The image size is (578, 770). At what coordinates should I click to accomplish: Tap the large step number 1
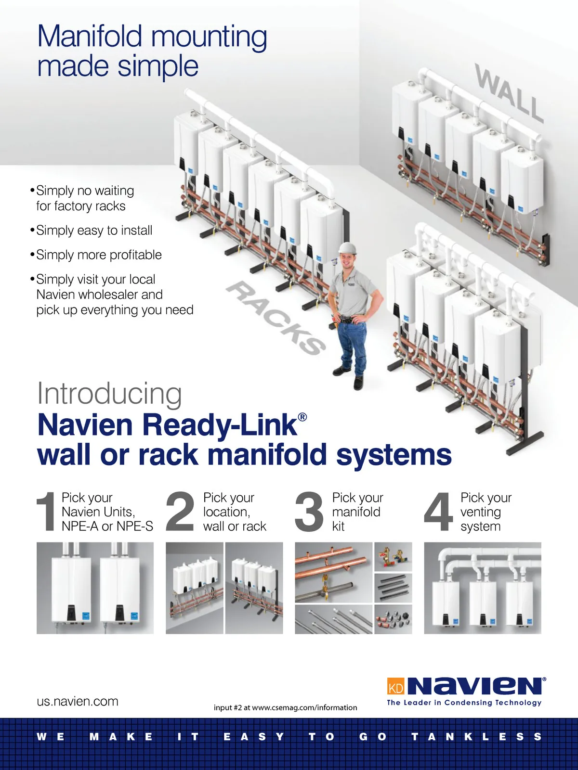tap(47, 511)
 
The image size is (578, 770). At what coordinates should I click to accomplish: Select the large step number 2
tap(180, 511)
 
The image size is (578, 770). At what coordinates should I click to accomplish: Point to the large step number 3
tap(309, 511)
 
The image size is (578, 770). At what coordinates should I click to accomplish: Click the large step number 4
tap(438, 511)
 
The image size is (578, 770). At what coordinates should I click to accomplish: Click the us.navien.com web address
tap(78, 701)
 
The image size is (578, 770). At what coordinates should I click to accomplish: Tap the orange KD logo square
tap(395, 686)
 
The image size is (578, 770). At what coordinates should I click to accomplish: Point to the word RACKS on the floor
tap(276, 318)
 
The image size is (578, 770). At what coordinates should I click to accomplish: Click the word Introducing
tap(109, 394)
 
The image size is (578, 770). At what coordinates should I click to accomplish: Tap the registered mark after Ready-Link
tap(302, 417)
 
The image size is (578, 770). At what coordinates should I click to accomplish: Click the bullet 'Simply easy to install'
tap(94, 231)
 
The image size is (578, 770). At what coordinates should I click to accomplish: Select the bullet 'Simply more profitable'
tap(99, 255)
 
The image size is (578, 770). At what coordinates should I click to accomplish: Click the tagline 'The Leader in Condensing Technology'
tap(464, 703)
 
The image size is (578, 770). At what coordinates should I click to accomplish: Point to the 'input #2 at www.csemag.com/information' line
tap(285, 707)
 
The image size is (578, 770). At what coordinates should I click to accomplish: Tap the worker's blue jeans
tap(352, 344)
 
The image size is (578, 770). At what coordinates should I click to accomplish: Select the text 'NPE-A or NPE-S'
tap(107, 526)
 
